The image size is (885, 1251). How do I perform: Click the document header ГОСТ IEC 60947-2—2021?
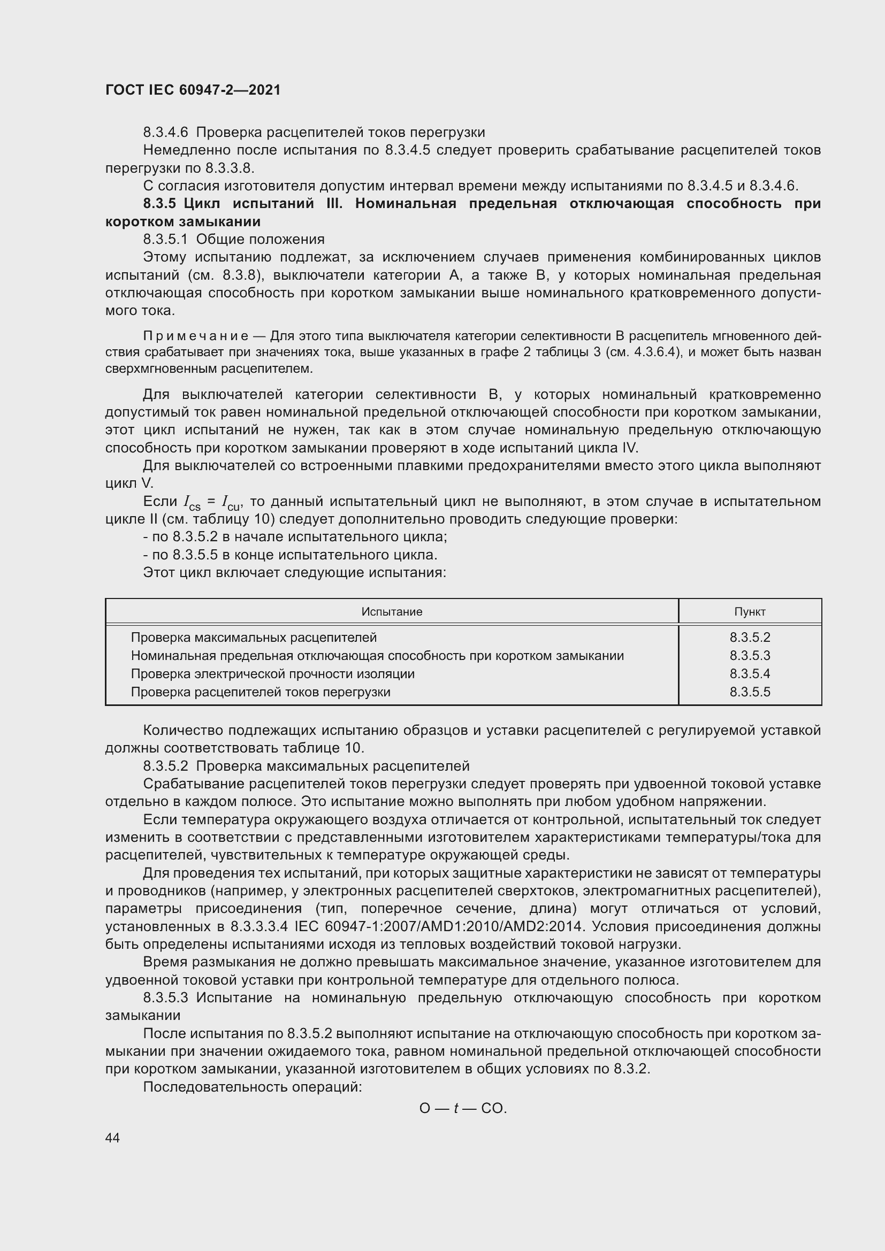point(193,90)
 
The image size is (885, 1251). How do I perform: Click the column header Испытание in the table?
point(391,612)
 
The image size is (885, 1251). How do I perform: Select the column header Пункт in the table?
point(749,612)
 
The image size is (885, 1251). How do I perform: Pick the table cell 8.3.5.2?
point(749,638)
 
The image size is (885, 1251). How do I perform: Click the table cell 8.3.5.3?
point(749,656)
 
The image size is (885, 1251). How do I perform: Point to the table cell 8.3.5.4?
point(749,674)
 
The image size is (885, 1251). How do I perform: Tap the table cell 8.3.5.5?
point(749,692)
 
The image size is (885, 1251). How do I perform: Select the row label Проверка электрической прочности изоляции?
point(272,674)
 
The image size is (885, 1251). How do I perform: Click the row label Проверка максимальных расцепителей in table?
point(254,638)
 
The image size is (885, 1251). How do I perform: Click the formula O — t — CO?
point(463,1108)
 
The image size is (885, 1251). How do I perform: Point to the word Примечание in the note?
point(196,336)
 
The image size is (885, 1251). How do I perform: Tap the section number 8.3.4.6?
point(165,133)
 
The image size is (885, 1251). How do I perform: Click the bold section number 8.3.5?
point(159,204)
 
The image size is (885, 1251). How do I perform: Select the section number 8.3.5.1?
point(165,239)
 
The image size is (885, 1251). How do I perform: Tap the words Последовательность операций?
point(253,1087)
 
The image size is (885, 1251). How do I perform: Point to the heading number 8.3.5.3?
point(165,997)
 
